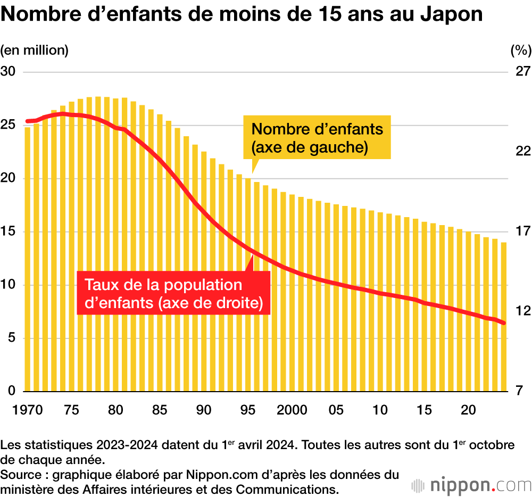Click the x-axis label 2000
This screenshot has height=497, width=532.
pos(293,410)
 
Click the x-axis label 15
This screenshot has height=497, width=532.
pos(424,410)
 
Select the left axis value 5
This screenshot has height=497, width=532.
pos(12,338)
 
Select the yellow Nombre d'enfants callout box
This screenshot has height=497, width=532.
pos(317,137)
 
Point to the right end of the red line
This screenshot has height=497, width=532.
pos(503,323)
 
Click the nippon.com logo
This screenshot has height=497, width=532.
pos(471,485)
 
